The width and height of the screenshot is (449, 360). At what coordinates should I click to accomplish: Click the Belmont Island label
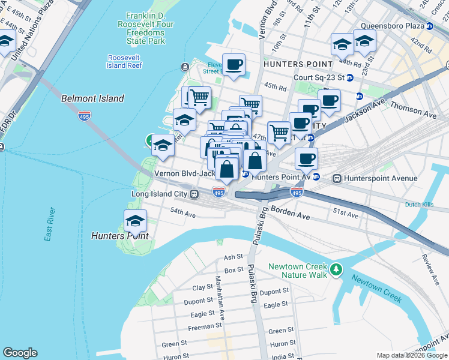92,98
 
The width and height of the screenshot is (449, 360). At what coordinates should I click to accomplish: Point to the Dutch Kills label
420,205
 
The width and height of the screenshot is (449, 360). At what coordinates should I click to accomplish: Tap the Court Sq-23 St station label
319,77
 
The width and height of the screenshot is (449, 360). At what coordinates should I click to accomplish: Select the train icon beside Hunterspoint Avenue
337,178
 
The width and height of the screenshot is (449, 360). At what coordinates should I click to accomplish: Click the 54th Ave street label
183,212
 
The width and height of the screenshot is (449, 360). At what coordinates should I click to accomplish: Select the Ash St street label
232,257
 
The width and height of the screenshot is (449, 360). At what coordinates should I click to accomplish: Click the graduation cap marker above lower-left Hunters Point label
136,221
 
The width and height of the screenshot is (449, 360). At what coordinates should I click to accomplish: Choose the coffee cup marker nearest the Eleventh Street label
234,65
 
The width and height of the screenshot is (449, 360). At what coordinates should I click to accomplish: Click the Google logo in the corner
20,353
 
